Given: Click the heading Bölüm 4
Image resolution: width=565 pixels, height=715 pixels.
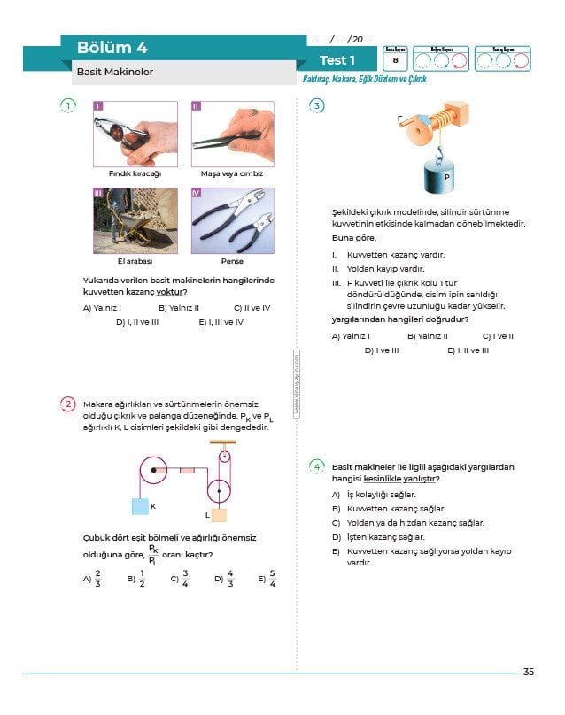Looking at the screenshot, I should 112,48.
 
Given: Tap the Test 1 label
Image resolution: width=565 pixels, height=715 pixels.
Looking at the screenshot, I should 337,60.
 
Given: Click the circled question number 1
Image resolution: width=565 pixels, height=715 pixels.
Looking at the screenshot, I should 68,107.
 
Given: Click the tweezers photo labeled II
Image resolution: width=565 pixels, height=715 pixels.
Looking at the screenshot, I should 232,134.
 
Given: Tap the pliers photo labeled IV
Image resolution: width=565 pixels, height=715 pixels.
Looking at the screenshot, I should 232,220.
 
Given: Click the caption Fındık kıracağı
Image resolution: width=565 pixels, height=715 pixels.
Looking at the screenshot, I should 134,173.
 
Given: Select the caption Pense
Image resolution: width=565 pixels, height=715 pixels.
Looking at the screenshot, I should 232,261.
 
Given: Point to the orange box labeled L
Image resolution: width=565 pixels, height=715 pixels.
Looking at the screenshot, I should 218,515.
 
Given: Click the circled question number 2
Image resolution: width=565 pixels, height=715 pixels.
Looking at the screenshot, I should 68,404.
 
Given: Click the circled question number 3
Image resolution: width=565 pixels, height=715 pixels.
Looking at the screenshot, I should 317,107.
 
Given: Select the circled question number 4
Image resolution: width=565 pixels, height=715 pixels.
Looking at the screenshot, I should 317,466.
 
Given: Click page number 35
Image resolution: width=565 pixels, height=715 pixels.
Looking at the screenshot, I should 529,673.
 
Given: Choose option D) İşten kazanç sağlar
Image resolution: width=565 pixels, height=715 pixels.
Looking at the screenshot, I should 379,536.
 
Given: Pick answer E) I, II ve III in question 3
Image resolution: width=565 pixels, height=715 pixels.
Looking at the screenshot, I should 468,350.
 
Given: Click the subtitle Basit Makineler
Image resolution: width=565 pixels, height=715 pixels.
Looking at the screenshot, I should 115,73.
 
